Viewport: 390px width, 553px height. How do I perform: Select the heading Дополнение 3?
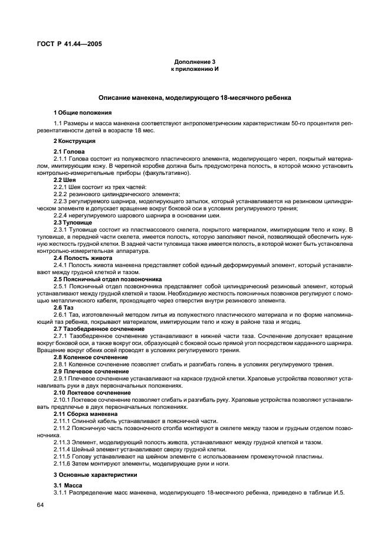click(x=195, y=62)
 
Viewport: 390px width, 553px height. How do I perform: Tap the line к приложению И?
click(x=195, y=69)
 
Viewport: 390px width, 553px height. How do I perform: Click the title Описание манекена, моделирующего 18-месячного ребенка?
click(x=195, y=97)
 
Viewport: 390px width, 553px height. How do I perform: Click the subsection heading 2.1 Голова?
click(x=70, y=152)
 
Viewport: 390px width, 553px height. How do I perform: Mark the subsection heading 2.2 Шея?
click(x=65, y=180)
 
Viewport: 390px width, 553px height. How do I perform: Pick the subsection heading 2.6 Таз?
click(x=64, y=308)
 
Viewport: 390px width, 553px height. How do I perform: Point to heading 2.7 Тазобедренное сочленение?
click(x=99, y=328)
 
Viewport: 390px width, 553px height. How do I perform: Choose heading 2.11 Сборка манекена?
click(x=91, y=414)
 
